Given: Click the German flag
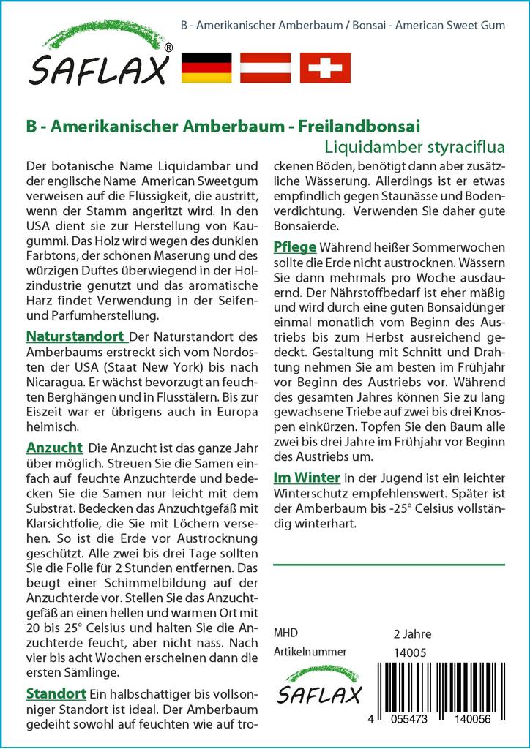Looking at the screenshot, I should (206, 67).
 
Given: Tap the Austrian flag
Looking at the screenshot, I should (266, 67).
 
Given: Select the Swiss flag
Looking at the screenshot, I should (325, 67).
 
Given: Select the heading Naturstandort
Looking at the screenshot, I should (75, 336).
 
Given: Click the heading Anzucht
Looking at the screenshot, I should (53, 447).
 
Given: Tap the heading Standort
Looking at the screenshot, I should (56, 693).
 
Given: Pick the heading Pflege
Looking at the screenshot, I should (294, 246).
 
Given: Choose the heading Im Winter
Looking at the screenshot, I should (306, 478).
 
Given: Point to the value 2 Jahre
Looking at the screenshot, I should (412, 633).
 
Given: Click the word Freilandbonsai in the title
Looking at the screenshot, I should (359, 126).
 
